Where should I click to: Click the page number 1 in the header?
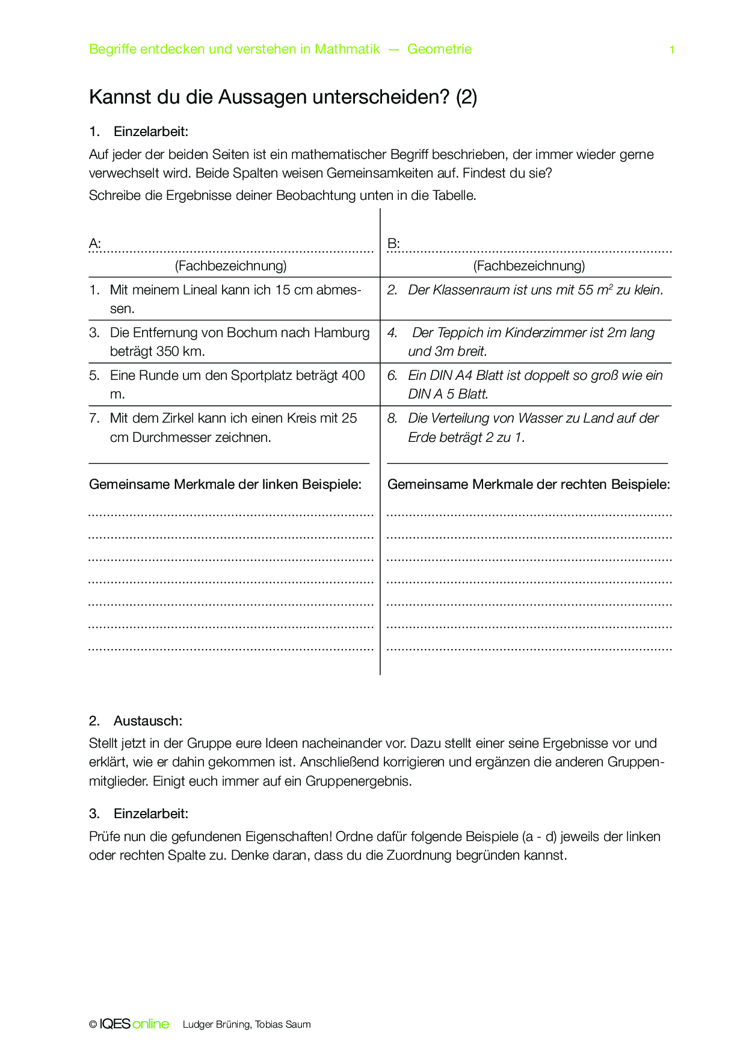pyautogui.click(x=671, y=50)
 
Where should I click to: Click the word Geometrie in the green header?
pyautogui.click(x=439, y=49)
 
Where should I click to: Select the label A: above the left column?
pyautogui.click(x=94, y=244)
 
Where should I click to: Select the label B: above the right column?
pyautogui.click(x=393, y=244)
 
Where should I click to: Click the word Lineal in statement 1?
pyautogui.click(x=200, y=290)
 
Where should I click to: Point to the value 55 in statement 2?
pyautogui.click(x=585, y=290)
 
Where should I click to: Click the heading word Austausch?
pyautogui.click(x=147, y=721)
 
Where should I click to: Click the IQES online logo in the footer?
pyautogui.click(x=134, y=1024)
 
